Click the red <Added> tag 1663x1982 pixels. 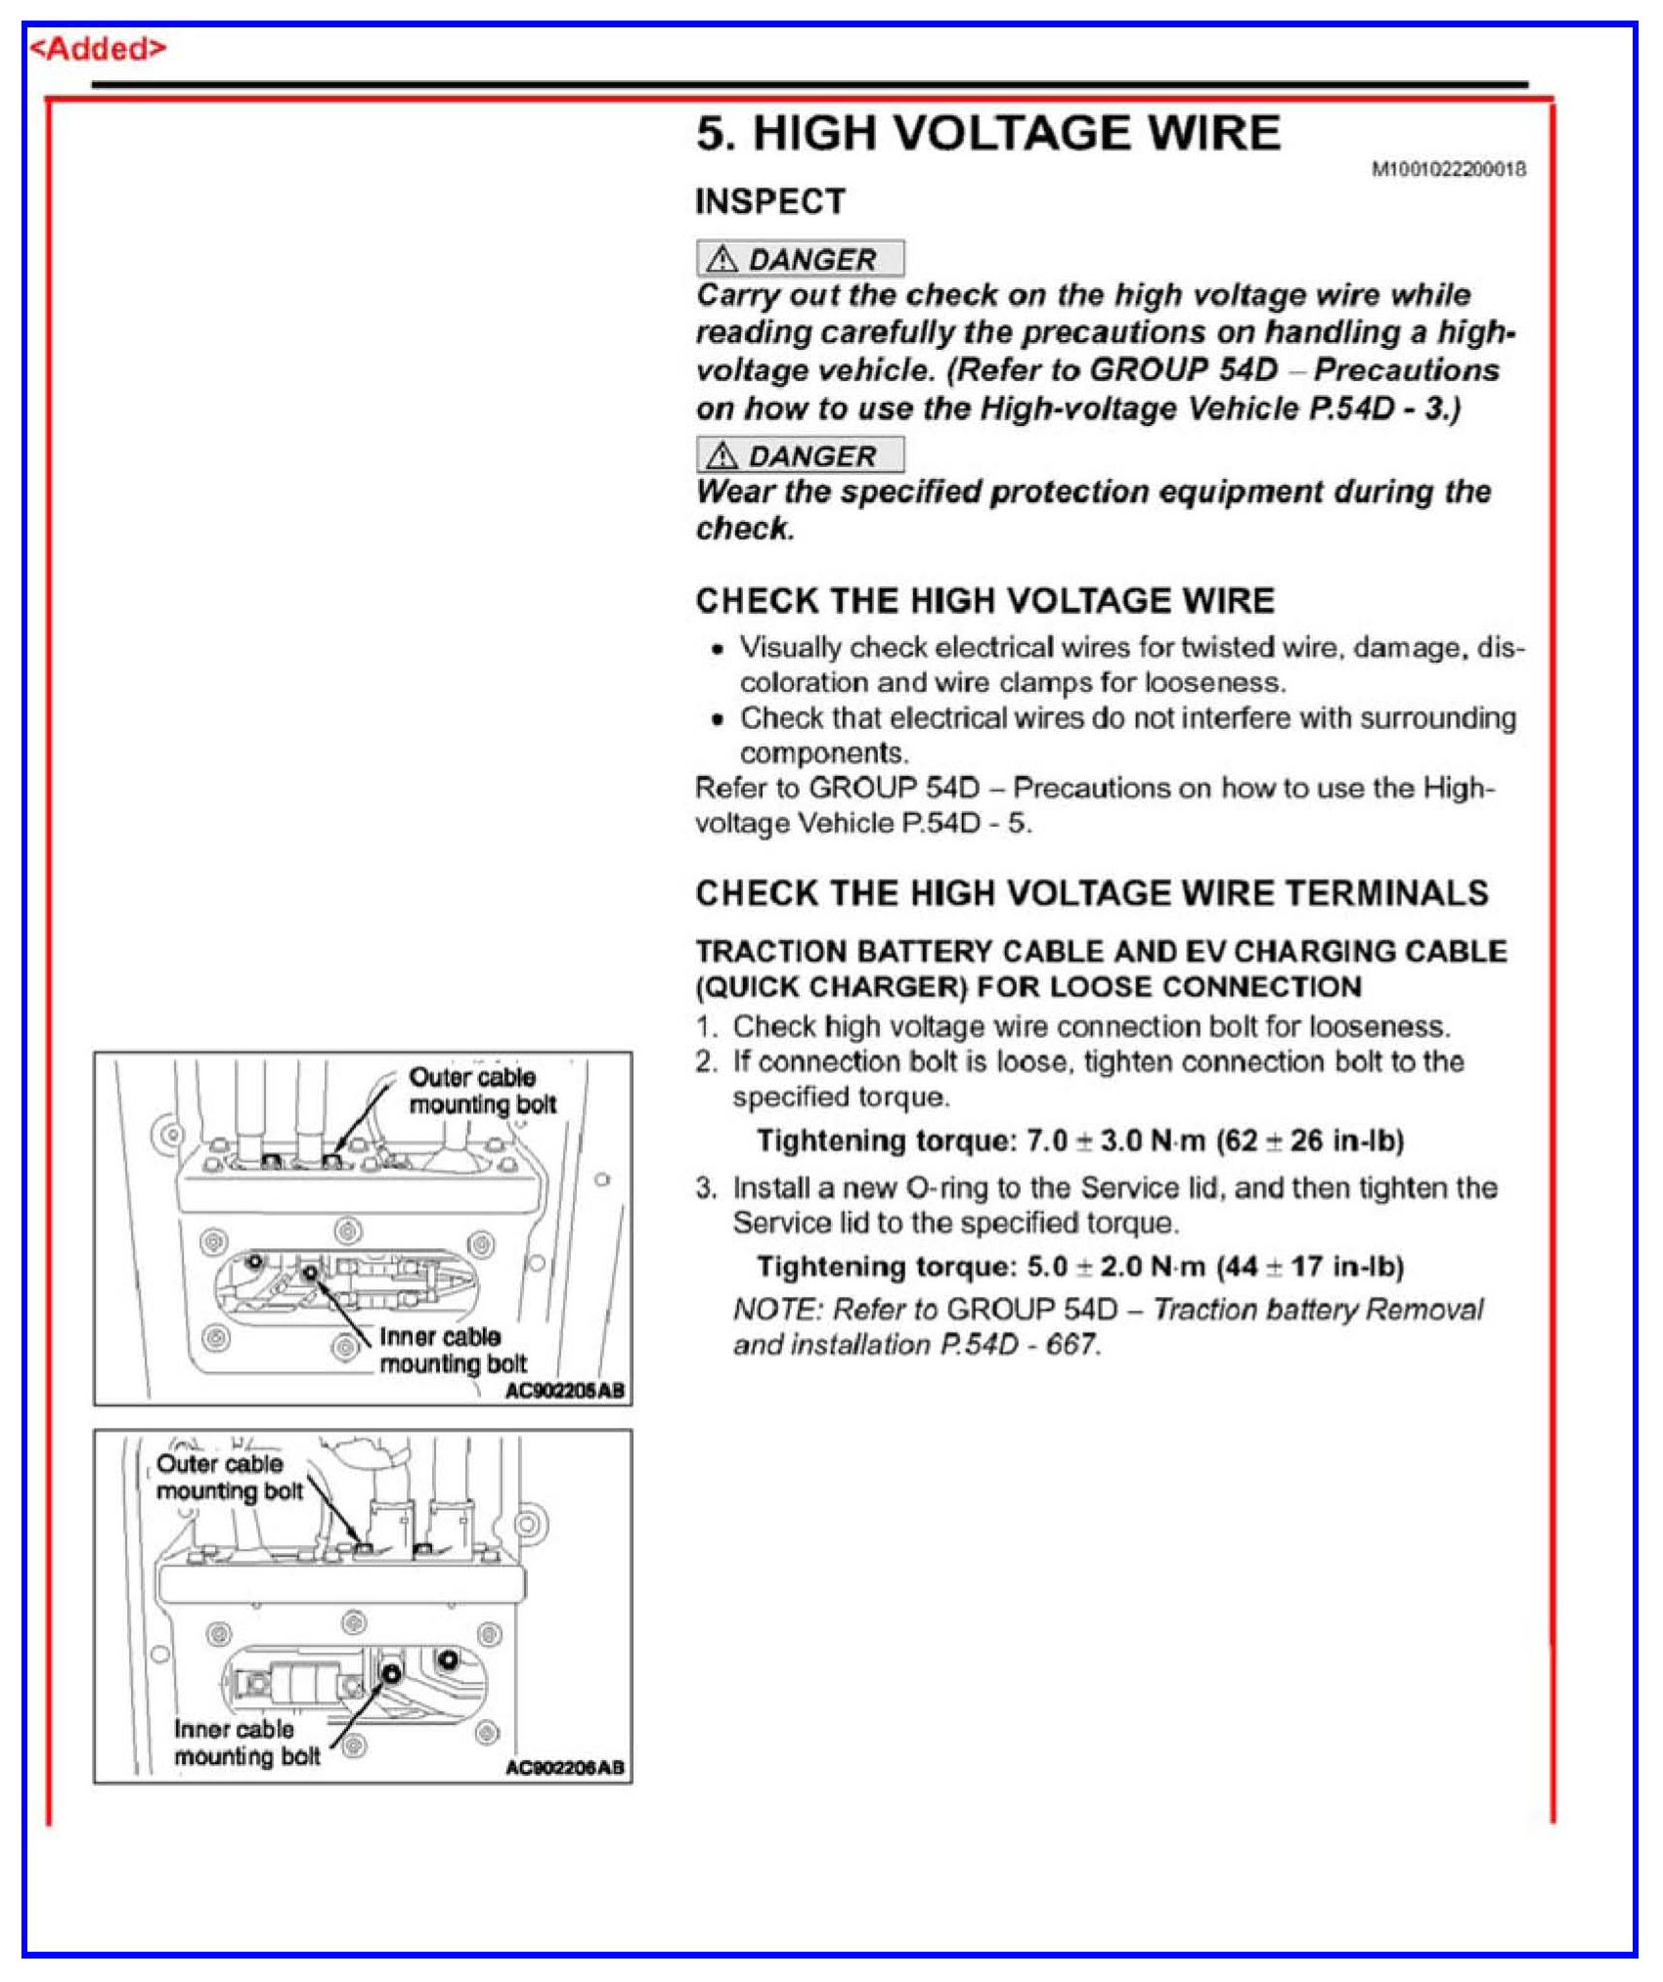tap(98, 49)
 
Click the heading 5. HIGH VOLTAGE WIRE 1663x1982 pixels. tap(987, 134)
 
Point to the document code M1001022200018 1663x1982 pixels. tap(1449, 170)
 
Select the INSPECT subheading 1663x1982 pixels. tap(770, 202)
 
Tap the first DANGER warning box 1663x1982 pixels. tap(800, 259)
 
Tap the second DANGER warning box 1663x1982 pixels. tap(800, 455)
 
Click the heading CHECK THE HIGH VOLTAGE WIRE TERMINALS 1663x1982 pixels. tap(1091, 893)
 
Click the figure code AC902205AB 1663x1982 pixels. tap(564, 1390)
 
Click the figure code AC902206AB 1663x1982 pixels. tap(564, 1767)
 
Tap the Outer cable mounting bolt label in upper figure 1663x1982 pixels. tap(482, 1091)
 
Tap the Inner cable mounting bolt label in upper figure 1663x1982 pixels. tap(453, 1350)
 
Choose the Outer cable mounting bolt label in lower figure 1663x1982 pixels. tap(229, 1477)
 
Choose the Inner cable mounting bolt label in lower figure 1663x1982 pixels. tap(246, 1743)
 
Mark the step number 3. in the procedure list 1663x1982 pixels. tap(706, 1188)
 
